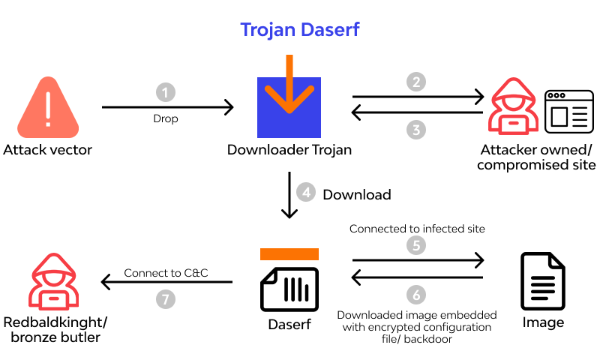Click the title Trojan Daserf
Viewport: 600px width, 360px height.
coord(299,29)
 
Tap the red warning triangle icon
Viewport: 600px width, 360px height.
coord(47,107)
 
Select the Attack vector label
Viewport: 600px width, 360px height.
coord(47,150)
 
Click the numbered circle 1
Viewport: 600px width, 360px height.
coord(166,92)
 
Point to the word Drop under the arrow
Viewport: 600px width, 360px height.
coord(166,118)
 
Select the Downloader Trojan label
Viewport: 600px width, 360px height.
coord(289,150)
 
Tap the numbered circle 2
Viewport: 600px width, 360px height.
coord(417,81)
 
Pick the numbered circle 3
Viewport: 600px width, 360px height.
coord(417,129)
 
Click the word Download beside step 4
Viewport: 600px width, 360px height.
coord(357,195)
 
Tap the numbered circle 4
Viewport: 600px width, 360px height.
coord(305,193)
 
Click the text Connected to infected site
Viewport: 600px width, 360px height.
coord(418,228)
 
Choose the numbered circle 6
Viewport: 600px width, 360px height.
coord(417,294)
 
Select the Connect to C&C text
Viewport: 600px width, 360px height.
coord(166,273)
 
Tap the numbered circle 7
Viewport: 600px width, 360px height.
coord(166,298)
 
